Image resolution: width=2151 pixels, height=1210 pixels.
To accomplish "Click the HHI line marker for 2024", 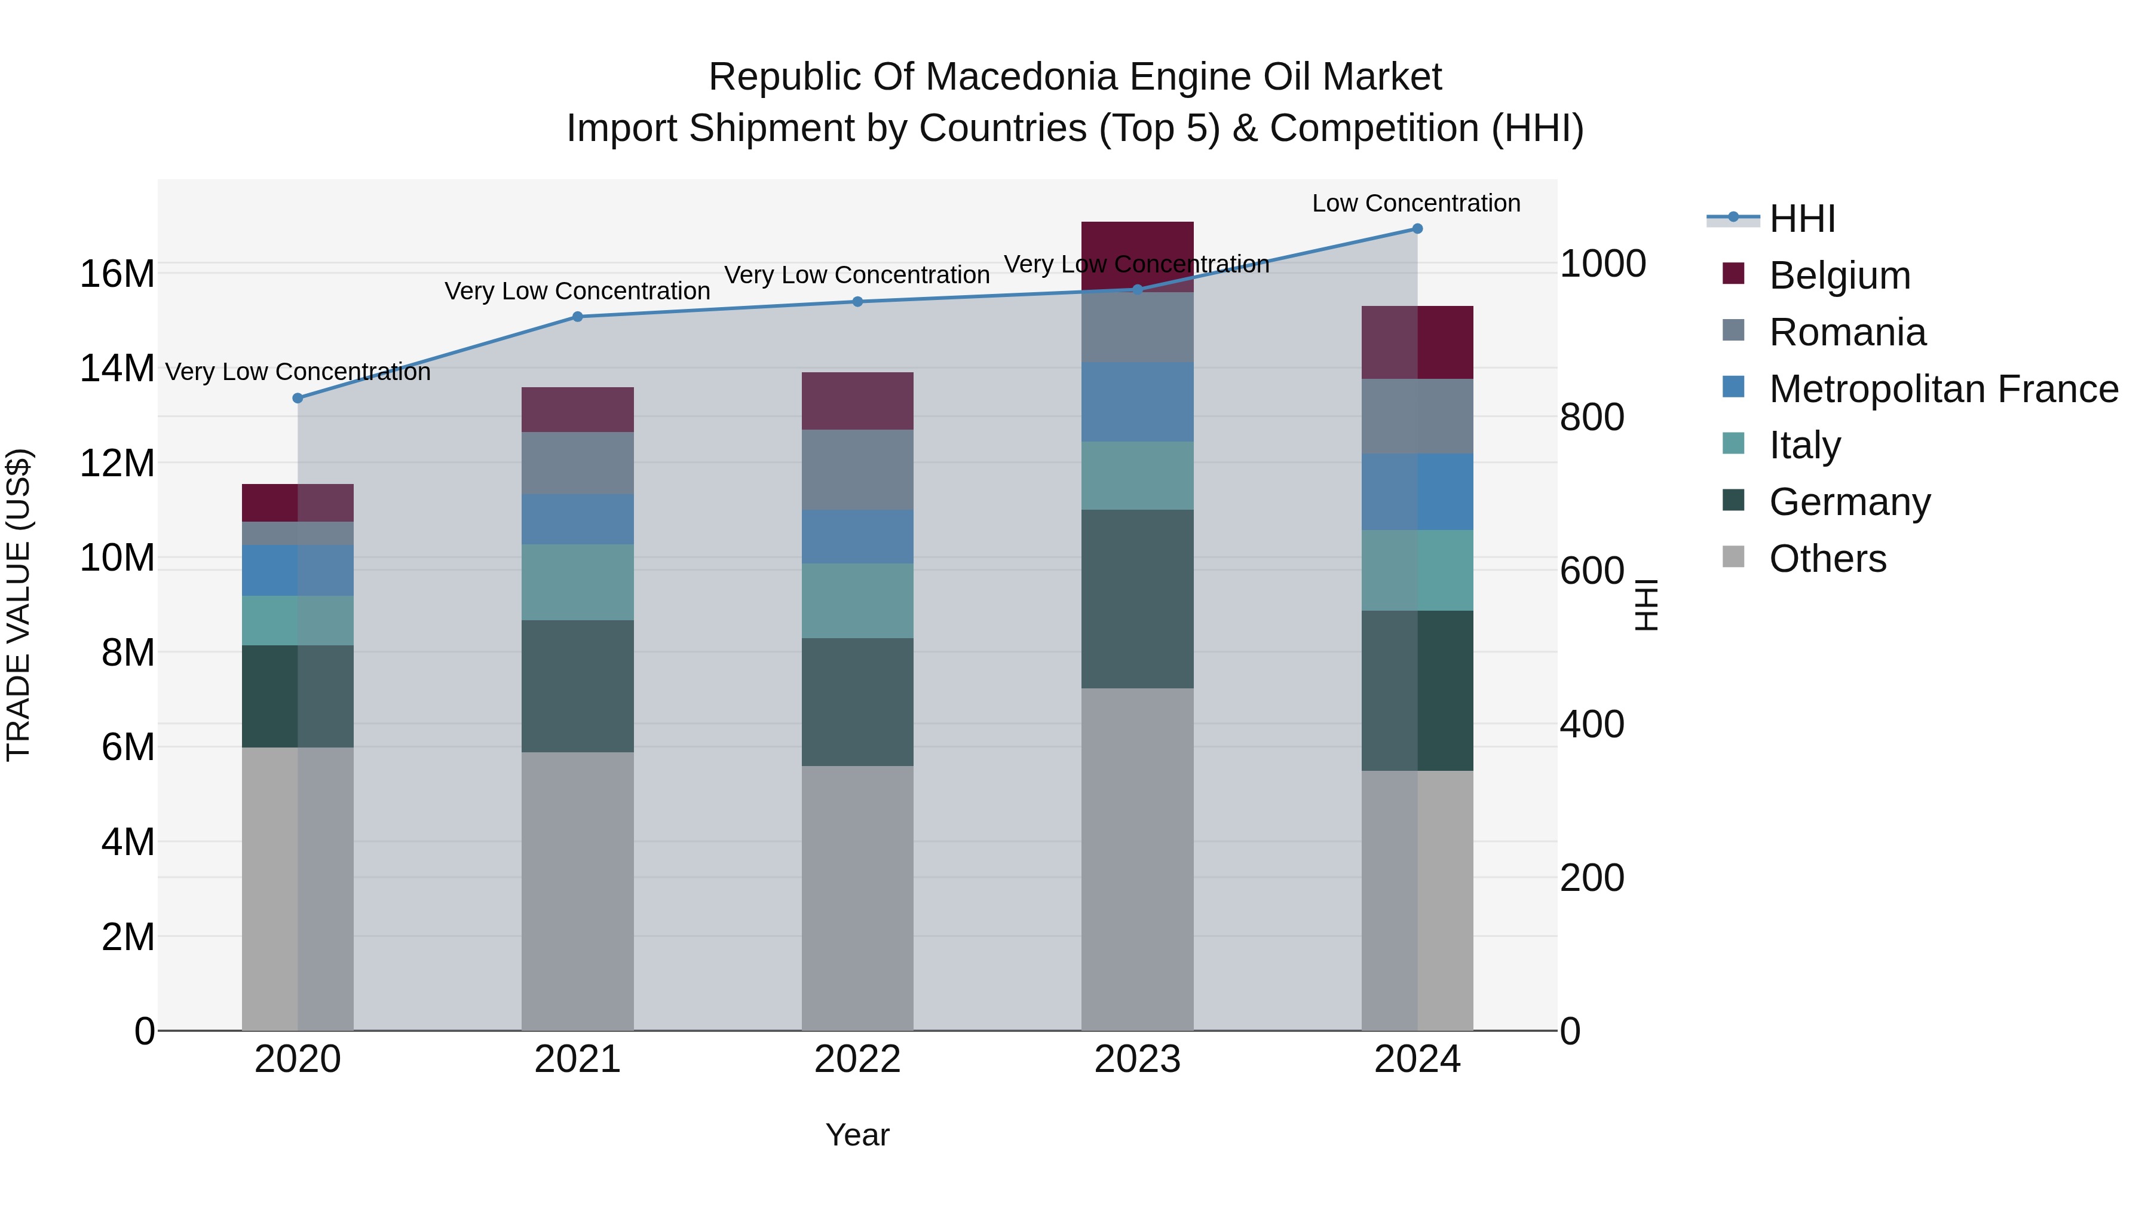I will tap(1417, 229).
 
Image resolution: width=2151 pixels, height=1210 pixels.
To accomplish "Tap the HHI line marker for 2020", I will tap(298, 399).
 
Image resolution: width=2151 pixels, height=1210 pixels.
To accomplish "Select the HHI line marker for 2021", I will tap(578, 317).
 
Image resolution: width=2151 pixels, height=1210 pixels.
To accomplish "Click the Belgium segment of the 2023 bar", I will tap(1137, 242).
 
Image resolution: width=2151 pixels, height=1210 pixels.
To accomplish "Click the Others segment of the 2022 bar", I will tap(857, 897).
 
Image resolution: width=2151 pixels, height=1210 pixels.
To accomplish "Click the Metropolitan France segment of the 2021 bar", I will tap(578, 519).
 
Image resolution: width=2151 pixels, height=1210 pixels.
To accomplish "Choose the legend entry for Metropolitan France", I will tap(1942, 389).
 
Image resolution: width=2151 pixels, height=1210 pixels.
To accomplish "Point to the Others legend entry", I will tap(1827, 559).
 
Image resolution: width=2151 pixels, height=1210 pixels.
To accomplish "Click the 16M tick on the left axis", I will tap(117, 274).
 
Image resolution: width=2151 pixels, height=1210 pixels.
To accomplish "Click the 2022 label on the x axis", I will tap(857, 1059).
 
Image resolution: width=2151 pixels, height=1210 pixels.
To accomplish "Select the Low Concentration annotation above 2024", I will tap(1416, 203).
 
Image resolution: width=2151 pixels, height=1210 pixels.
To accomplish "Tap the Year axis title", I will tap(857, 1135).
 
